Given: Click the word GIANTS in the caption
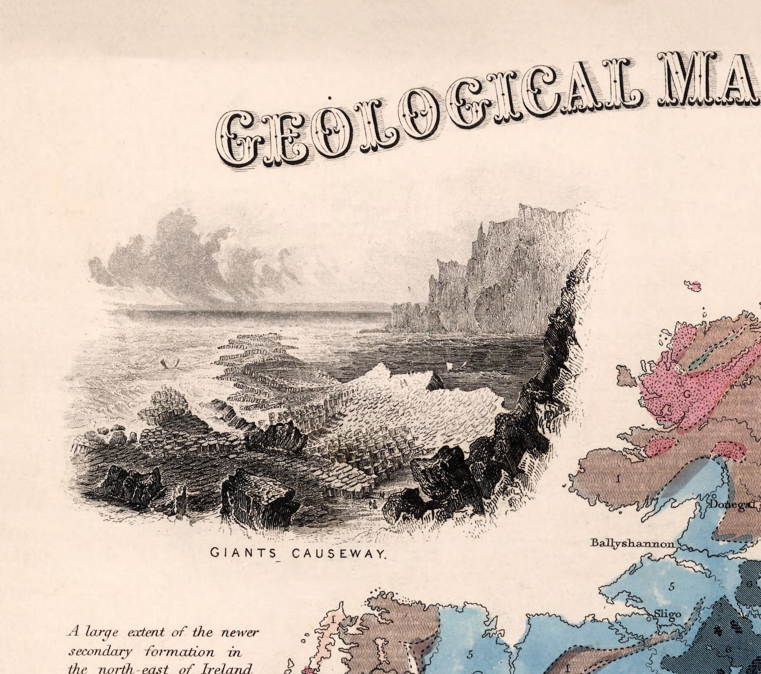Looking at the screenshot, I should pos(243,553).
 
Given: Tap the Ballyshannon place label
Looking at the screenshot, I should pos(632,543).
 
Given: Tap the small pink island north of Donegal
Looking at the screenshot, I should pos(693,286).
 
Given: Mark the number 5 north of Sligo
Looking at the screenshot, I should pos(671,586).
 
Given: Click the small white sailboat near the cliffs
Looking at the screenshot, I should pos(450,366).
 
